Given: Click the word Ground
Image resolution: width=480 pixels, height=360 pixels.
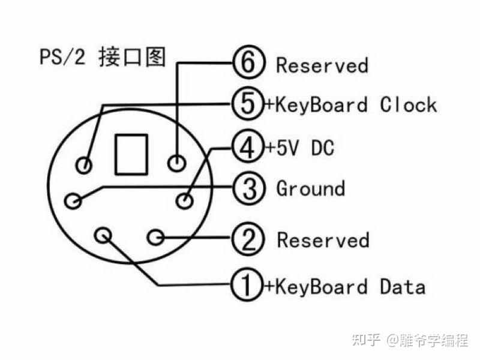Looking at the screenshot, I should pyautogui.click(x=310, y=188).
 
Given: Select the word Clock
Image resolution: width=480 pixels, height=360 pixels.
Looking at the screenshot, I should pyautogui.click(x=408, y=105).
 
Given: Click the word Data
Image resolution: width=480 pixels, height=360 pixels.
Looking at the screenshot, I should pyautogui.click(x=402, y=286).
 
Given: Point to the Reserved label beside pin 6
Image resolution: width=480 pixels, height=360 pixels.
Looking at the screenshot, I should pyautogui.click(x=322, y=64).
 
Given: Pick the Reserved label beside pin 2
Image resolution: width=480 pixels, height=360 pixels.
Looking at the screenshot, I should pyautogui.click(x=323, y=240).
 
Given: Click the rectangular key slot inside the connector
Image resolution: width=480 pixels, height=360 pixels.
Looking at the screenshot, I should pyautogui.click(x=131, y=154).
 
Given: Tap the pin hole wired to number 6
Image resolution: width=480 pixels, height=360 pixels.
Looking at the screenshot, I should pyautogui.click(x=176, y=163).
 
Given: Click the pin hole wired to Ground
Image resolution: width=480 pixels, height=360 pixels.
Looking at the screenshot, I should pyautogui.click(x=73, y=200).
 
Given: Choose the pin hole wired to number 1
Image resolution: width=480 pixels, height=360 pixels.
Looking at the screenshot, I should pyautogui.click(x=103, y=234).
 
